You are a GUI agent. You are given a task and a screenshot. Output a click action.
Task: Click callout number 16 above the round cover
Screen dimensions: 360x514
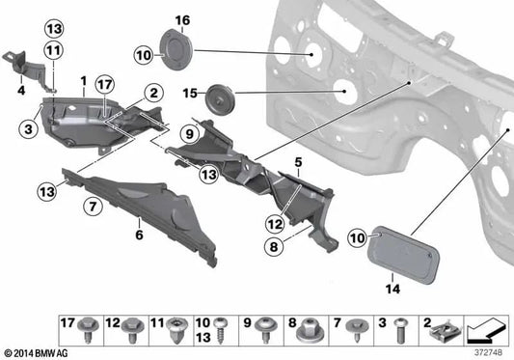pyautogui.click(x=183, y=20)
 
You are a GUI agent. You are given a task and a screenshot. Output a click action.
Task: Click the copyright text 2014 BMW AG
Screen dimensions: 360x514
pyautogui.click(x=36, y=351)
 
